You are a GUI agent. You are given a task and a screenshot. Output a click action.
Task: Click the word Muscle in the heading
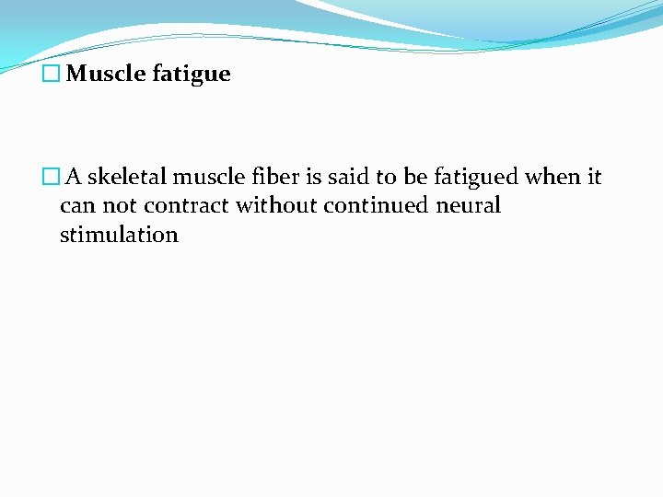coord(102,74)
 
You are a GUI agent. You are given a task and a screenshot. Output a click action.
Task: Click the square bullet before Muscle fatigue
coord(51,75)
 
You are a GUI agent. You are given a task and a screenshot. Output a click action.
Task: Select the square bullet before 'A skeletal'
coord(51,176)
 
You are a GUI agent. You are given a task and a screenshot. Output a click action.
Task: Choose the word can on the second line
coord(76,205)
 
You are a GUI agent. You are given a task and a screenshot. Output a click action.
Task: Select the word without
coord(275,205)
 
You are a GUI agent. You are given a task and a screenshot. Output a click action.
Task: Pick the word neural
coord(469,205)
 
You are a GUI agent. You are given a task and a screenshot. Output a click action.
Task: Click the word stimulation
coord(119,235)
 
